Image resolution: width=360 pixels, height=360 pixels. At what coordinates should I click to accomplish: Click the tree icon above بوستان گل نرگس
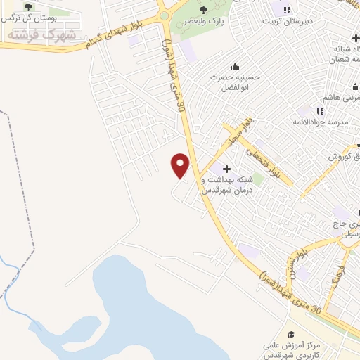(x=27, y=6)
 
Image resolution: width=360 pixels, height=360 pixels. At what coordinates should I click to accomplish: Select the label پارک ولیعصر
(x=203, y=22)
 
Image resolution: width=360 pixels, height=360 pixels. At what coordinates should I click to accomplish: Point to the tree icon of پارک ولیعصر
(x=203, y=9)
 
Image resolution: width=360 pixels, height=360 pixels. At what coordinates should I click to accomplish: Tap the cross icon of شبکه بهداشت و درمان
(x=226, y=169)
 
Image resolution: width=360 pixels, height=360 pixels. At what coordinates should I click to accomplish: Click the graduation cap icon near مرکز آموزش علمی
(x=292, y=335)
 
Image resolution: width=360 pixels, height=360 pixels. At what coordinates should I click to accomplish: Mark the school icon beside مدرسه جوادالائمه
(x=320, y=111)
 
